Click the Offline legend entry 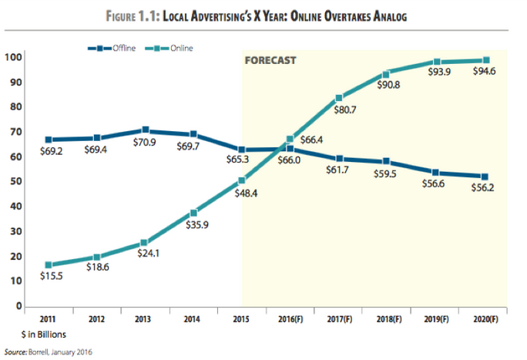coord(112,48)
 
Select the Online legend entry coord(169,48)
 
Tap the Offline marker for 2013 coord(146,130)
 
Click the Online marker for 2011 coord(49,265)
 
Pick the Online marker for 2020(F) coord(486,60)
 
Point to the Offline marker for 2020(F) coord(485,177)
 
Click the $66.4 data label coord(311,140)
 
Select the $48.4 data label coord(246,193)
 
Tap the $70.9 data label coord(145,143)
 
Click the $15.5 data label coord(52,276)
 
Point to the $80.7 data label coord(345,110)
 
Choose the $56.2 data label coord(482,187)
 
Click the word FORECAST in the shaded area coord(270,60)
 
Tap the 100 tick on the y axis coord(13,57)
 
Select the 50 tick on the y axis coord(16,181)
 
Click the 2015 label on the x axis coord(241,318)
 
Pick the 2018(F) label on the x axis coord(389,318)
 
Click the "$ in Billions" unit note coord(44,335)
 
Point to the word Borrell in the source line coord(39,352)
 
